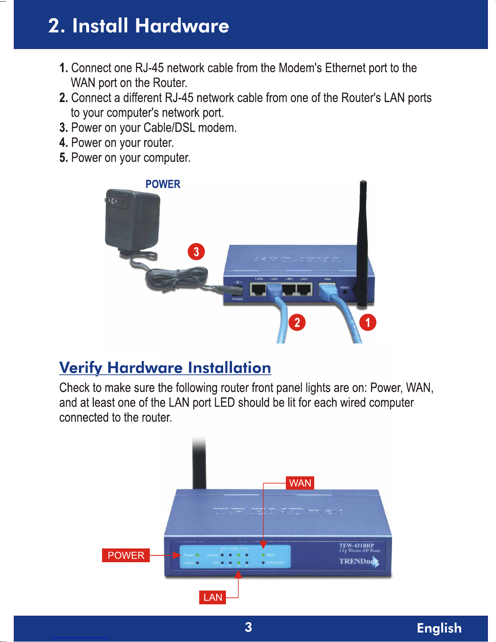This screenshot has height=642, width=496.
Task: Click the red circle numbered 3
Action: tap(196, 252)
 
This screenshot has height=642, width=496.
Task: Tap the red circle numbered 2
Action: tap(297, 322)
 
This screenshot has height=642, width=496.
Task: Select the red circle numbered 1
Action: tap(368, 322)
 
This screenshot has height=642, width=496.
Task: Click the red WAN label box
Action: tap(300, 483)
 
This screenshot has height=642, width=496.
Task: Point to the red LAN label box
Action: tap(213, 597)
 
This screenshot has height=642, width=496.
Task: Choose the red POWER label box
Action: tap(126, 555)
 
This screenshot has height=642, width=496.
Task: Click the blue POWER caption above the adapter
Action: tap(163, 184)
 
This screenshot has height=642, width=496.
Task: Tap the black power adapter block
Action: tap(132, 221)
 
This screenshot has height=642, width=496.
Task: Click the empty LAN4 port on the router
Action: tap(258, 289)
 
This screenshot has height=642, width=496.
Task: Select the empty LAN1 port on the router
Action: tap(304, 289)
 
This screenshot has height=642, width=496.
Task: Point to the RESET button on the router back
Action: tap(345, 291)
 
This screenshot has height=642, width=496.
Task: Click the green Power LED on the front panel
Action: tap(198, 555)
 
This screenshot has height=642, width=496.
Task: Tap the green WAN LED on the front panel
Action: tap(263, 555)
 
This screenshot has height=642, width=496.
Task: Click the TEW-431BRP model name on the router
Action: tap(356, 546)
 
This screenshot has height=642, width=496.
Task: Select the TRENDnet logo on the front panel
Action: tap(359, 561)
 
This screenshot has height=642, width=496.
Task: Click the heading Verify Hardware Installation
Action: tap(165, 368)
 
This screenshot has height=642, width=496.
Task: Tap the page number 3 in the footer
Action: tap(248, 627)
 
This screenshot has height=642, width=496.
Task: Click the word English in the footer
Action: tap(439, 628)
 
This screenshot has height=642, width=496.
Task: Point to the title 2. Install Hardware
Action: tap(139, 26)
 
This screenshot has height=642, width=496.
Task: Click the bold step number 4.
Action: tap(64, 143)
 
